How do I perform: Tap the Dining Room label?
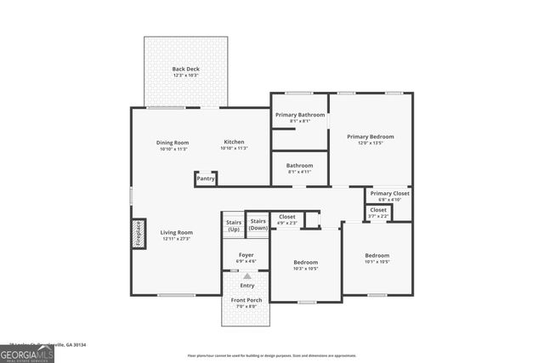[173, 145]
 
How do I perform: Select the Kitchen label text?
[234, 145]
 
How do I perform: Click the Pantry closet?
[206, 179]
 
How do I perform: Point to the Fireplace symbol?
[138, 233]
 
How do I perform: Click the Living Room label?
[178, 235]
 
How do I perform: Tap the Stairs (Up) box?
[234, 225]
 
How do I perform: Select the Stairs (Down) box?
[258, 224]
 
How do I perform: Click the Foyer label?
[246, 258]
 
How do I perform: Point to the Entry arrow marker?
[247, 276]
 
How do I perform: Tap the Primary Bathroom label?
[299, 117]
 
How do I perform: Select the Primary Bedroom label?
[371, 139]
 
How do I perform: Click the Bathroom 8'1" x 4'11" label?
[299, 168]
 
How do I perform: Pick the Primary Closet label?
[389, 196]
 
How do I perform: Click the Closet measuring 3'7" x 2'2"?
[378, 212]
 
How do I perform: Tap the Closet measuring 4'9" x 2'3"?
[287, 219]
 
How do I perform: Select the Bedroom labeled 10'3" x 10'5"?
[305, 265]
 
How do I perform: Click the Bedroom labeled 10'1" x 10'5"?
[377, 258]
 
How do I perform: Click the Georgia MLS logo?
[27, 354]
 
